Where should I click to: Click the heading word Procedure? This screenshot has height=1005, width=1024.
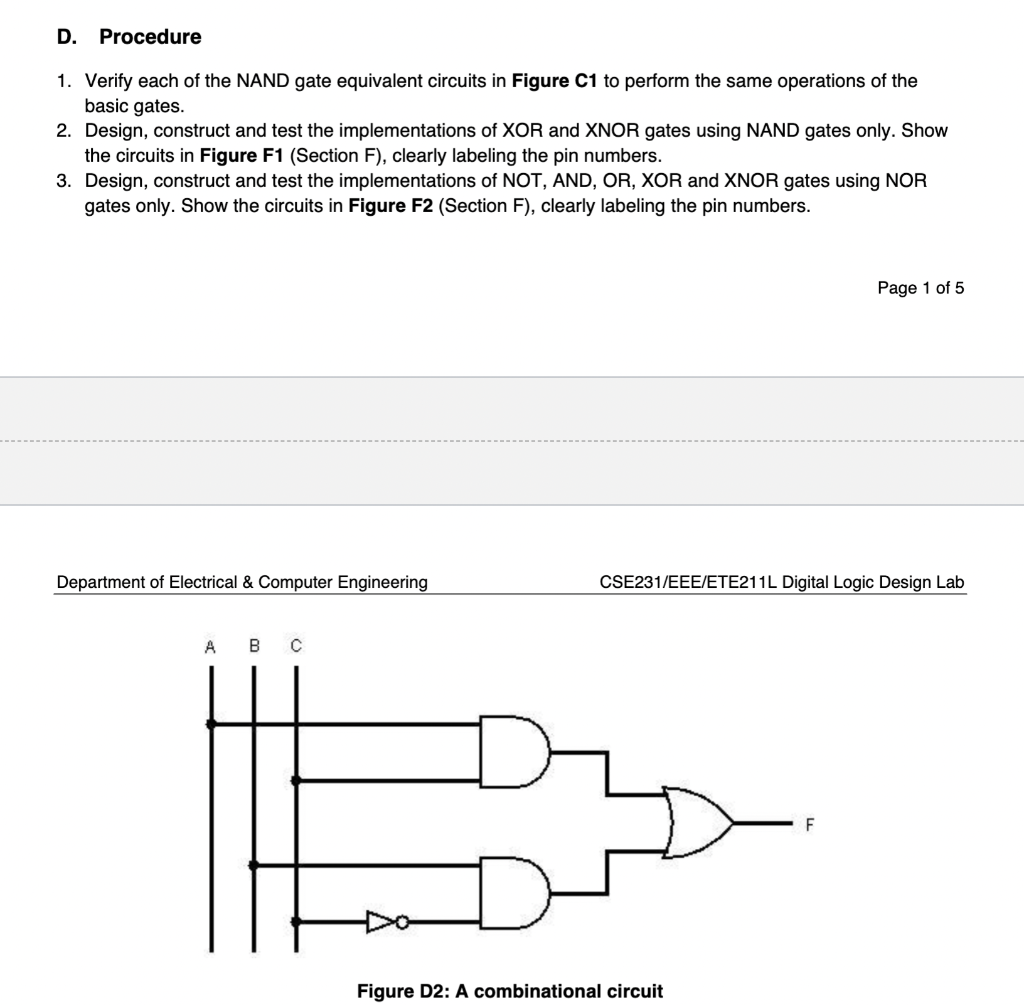coord(150,37)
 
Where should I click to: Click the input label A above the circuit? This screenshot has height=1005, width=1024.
coord(210,647)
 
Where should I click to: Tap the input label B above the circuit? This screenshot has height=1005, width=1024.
coord(253,647)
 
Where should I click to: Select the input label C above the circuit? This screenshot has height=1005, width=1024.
coord(296,647)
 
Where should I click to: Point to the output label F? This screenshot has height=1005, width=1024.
coord(810,825)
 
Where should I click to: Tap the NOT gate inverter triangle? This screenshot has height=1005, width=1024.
coord(381,921)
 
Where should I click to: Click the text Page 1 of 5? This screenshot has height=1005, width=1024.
coord(920,288)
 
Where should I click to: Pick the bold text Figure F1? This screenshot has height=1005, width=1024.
coord(242,156)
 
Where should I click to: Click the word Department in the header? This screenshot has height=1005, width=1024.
coord(102,582)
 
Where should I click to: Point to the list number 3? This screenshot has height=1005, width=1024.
coord(63,181)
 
